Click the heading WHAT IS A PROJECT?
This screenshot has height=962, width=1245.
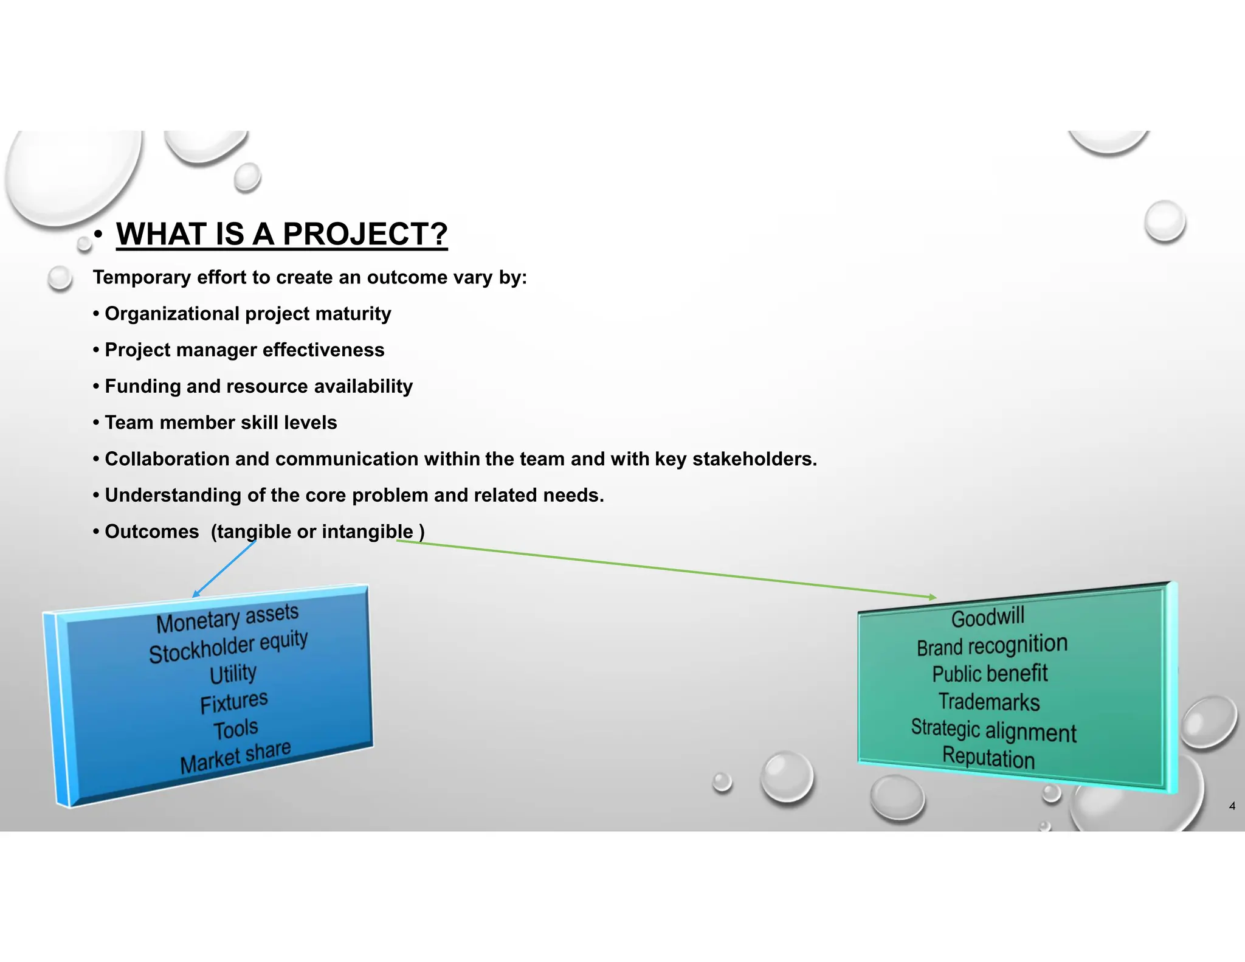(281, 234)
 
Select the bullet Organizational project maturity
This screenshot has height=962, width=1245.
(247, 314)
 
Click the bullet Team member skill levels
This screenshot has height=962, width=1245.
(220, 423)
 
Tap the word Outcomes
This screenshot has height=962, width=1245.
(151, 531)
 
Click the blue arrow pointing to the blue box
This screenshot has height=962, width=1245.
(224, 569)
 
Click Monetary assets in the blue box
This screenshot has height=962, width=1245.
(227, 618)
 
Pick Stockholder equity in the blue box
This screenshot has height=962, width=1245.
(228, 646)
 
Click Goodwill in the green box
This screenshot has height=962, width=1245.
(987, 617)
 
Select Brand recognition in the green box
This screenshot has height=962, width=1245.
(992, 645)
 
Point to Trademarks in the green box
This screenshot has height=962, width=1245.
(988, 702)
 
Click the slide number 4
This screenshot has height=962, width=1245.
(1232, 806)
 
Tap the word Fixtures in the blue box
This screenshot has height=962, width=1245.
(233, 702)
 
